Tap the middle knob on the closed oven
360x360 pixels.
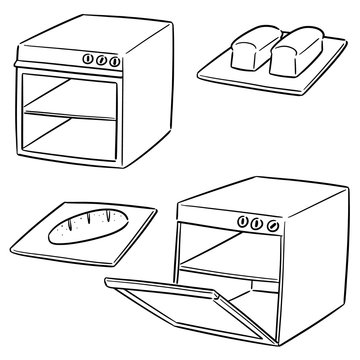[x=101, y=59]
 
